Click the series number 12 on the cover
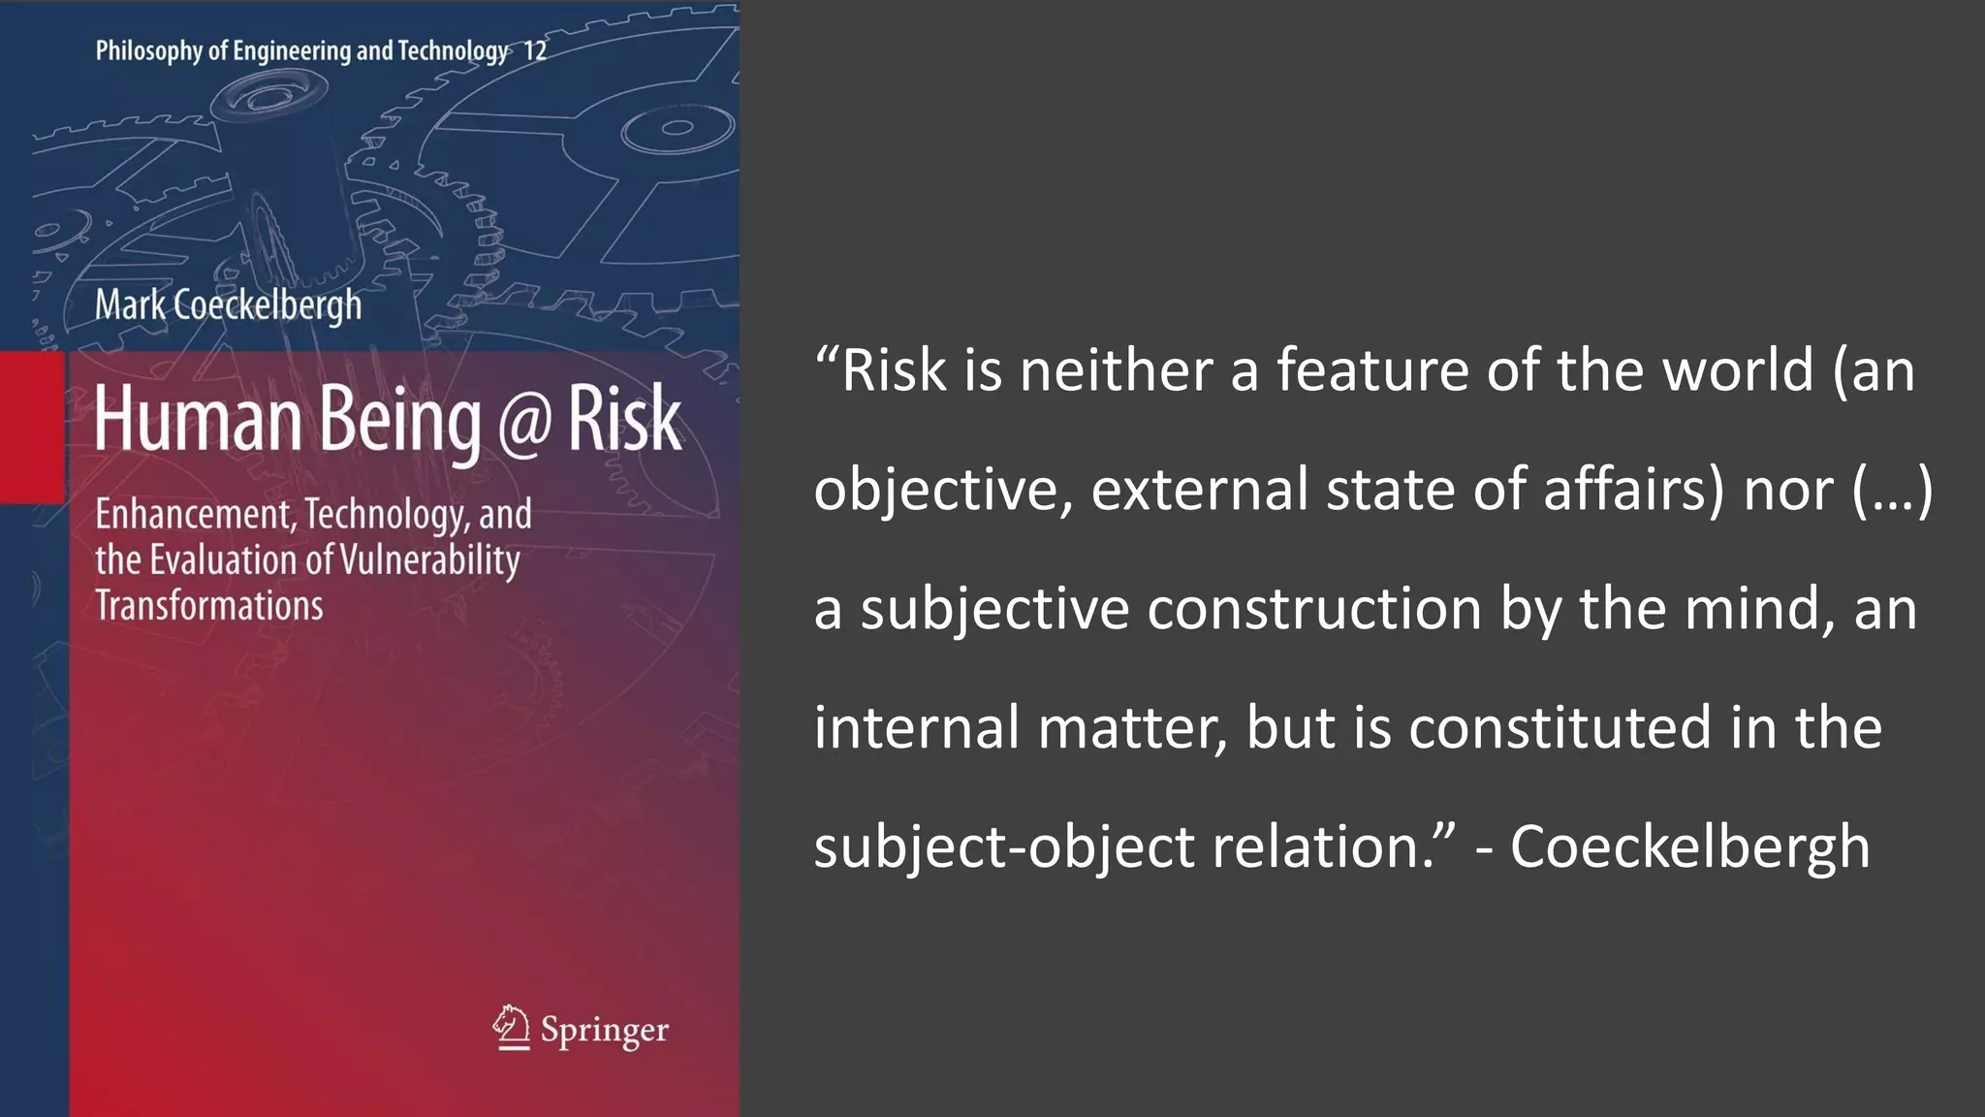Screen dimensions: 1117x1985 pyautogui.click(x=535, y=50)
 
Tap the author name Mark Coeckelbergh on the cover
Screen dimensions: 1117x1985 pyautogui.click(x=228, y=305)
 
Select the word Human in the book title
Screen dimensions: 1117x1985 pyautogui.click(x=198, y=419)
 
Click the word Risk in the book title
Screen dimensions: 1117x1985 pyautogui.click(x=624, y=419)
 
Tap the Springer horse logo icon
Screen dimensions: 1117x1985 pyautogui.click(x=511, y=1028)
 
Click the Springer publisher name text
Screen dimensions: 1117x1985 pyautogui.click(x=605, y=1030)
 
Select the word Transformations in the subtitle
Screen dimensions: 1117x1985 pyautogui.click(x=209, y=606)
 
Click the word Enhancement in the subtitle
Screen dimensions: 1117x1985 pyautogui.click(x=192, y=514)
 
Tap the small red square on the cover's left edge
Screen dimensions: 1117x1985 pyautogui.click(x=32, y=428)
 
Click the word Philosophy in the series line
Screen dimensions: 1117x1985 pyautogui.click(x=148, y=50)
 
